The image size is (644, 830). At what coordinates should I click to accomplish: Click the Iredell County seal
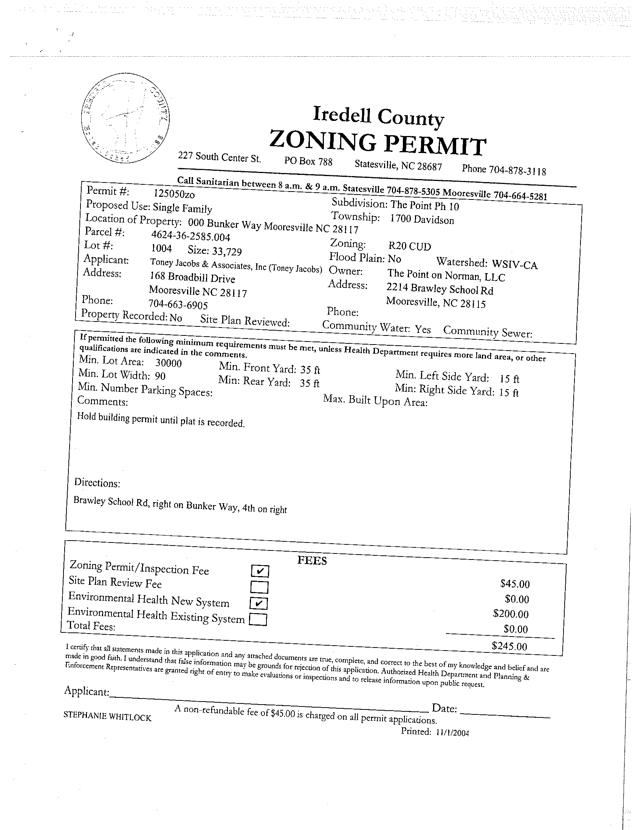coord(125,119)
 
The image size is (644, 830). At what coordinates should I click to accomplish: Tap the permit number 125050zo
coord(174,194)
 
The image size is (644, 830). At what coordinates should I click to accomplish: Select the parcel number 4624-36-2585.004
coord(190,236)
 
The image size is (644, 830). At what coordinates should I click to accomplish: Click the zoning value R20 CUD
coord(409,246)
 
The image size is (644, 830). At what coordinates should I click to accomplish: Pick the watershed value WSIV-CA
coord(514,264)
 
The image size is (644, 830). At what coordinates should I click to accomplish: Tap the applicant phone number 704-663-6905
coord(178,304)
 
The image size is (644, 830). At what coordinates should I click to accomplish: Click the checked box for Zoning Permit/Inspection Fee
coord(260,571)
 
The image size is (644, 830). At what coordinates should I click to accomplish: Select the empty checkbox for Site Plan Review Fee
coord(259,587)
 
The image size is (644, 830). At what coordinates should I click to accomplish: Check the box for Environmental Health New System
coord(259,603)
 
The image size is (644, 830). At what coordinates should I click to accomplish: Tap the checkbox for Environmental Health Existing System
coord(258,620)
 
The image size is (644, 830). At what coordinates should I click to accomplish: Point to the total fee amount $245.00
coord(509,646)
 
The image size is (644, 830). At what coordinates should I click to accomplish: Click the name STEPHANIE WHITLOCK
coord(107,716)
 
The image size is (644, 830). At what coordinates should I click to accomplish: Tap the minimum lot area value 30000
coord(169,363)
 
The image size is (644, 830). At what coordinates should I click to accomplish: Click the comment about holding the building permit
coord(160,420)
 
